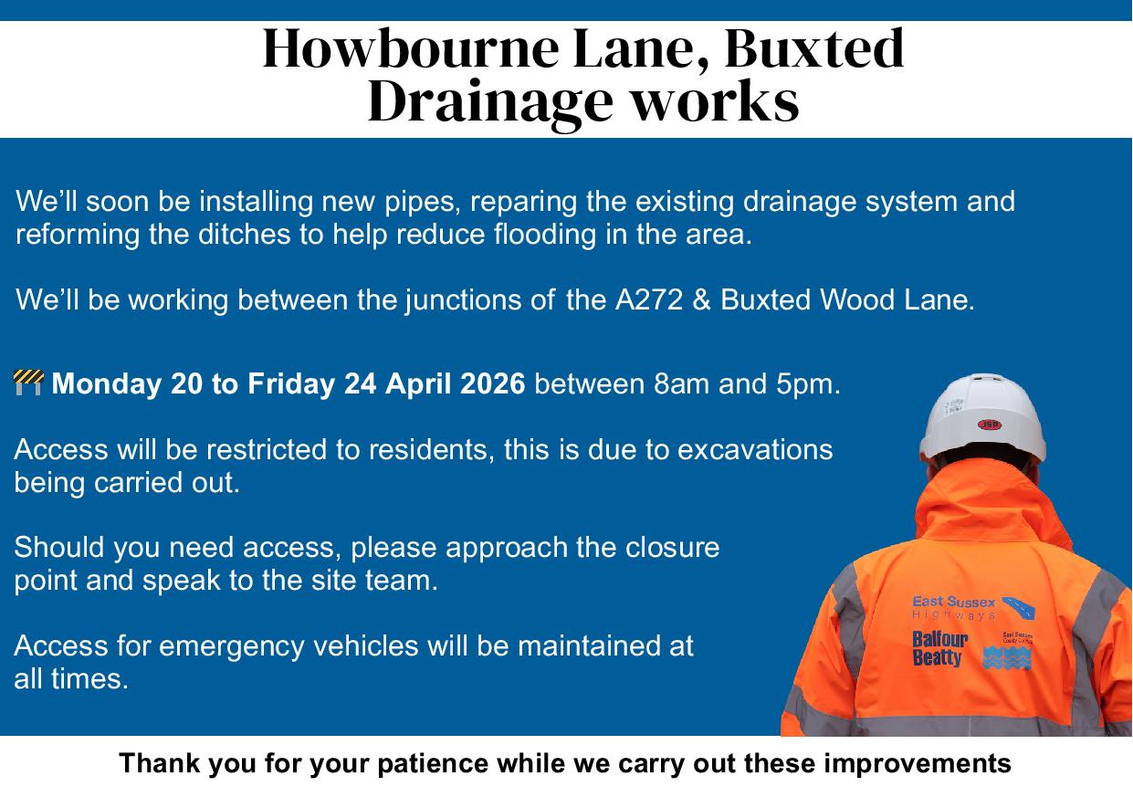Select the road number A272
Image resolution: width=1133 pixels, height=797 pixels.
coord(645,300)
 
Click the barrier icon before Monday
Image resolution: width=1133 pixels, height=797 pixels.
coord(28,383)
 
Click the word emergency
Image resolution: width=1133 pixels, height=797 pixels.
coord(233,646)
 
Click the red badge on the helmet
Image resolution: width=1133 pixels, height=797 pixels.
coord(989,424)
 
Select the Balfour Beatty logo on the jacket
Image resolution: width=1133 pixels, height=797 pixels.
coord(939,648)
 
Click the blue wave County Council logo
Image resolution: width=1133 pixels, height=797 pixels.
coord(1007,655)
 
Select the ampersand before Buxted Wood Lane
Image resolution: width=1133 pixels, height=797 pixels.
coord(702,300)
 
